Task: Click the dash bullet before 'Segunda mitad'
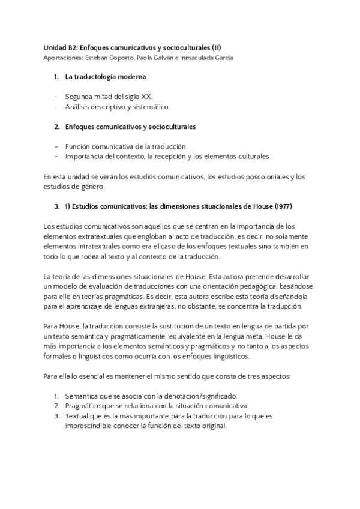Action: click(x=56, y=97)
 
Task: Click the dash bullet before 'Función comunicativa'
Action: click(x=56, y=147)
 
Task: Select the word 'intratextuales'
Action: click(x=98, y=247)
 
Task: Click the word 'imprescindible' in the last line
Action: click(x=93, y=427)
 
